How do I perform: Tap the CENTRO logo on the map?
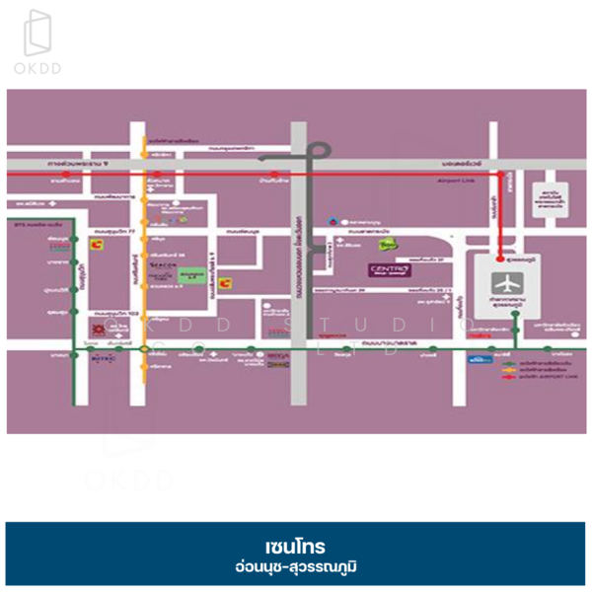tap(385, 269)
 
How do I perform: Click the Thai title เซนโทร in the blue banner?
tap(295, 546)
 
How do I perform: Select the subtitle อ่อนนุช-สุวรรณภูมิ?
tap(295, 568)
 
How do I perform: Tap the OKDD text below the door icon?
tap(39, 69)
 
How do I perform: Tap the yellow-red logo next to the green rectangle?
tap(226, 283)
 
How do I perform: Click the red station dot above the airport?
tap(500, 175)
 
